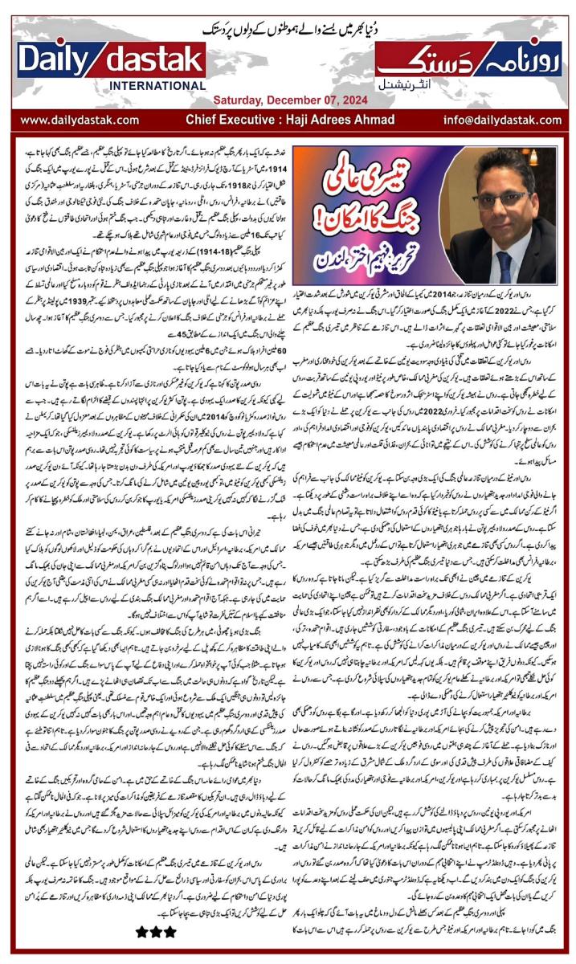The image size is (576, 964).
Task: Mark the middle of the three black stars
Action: (155, 932)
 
